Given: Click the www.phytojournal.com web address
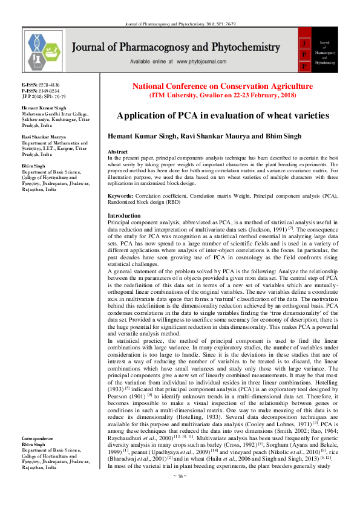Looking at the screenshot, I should tap(203, 62).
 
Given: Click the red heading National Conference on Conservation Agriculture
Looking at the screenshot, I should tap(223, 86).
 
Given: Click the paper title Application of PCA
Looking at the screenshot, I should tap(223, 115).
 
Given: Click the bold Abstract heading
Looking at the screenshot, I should tap(117, 151).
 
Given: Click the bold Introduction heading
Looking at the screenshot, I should tap(123, 215).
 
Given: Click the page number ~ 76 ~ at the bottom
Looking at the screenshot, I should tap(180, 493).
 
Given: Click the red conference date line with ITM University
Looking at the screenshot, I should tap(223, 96).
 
